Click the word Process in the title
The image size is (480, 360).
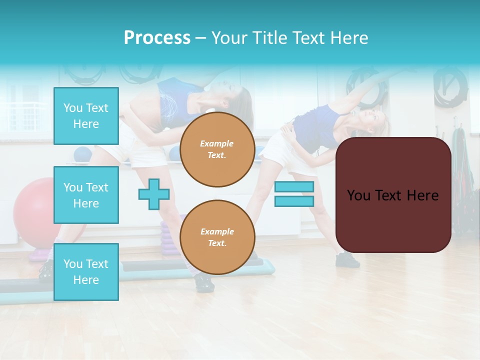point(157,38)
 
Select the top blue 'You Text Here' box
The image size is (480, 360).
point(86,116)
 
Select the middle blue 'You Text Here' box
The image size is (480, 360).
point(86,195)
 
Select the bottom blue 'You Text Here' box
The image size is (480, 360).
point(86,271)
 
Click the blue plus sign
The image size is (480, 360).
point(154,194)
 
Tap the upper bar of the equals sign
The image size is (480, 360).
point(294,187)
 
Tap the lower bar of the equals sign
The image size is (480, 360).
point(294,201)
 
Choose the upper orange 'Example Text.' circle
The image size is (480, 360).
point(217,149)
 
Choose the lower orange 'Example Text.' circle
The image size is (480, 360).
point(217,237)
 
